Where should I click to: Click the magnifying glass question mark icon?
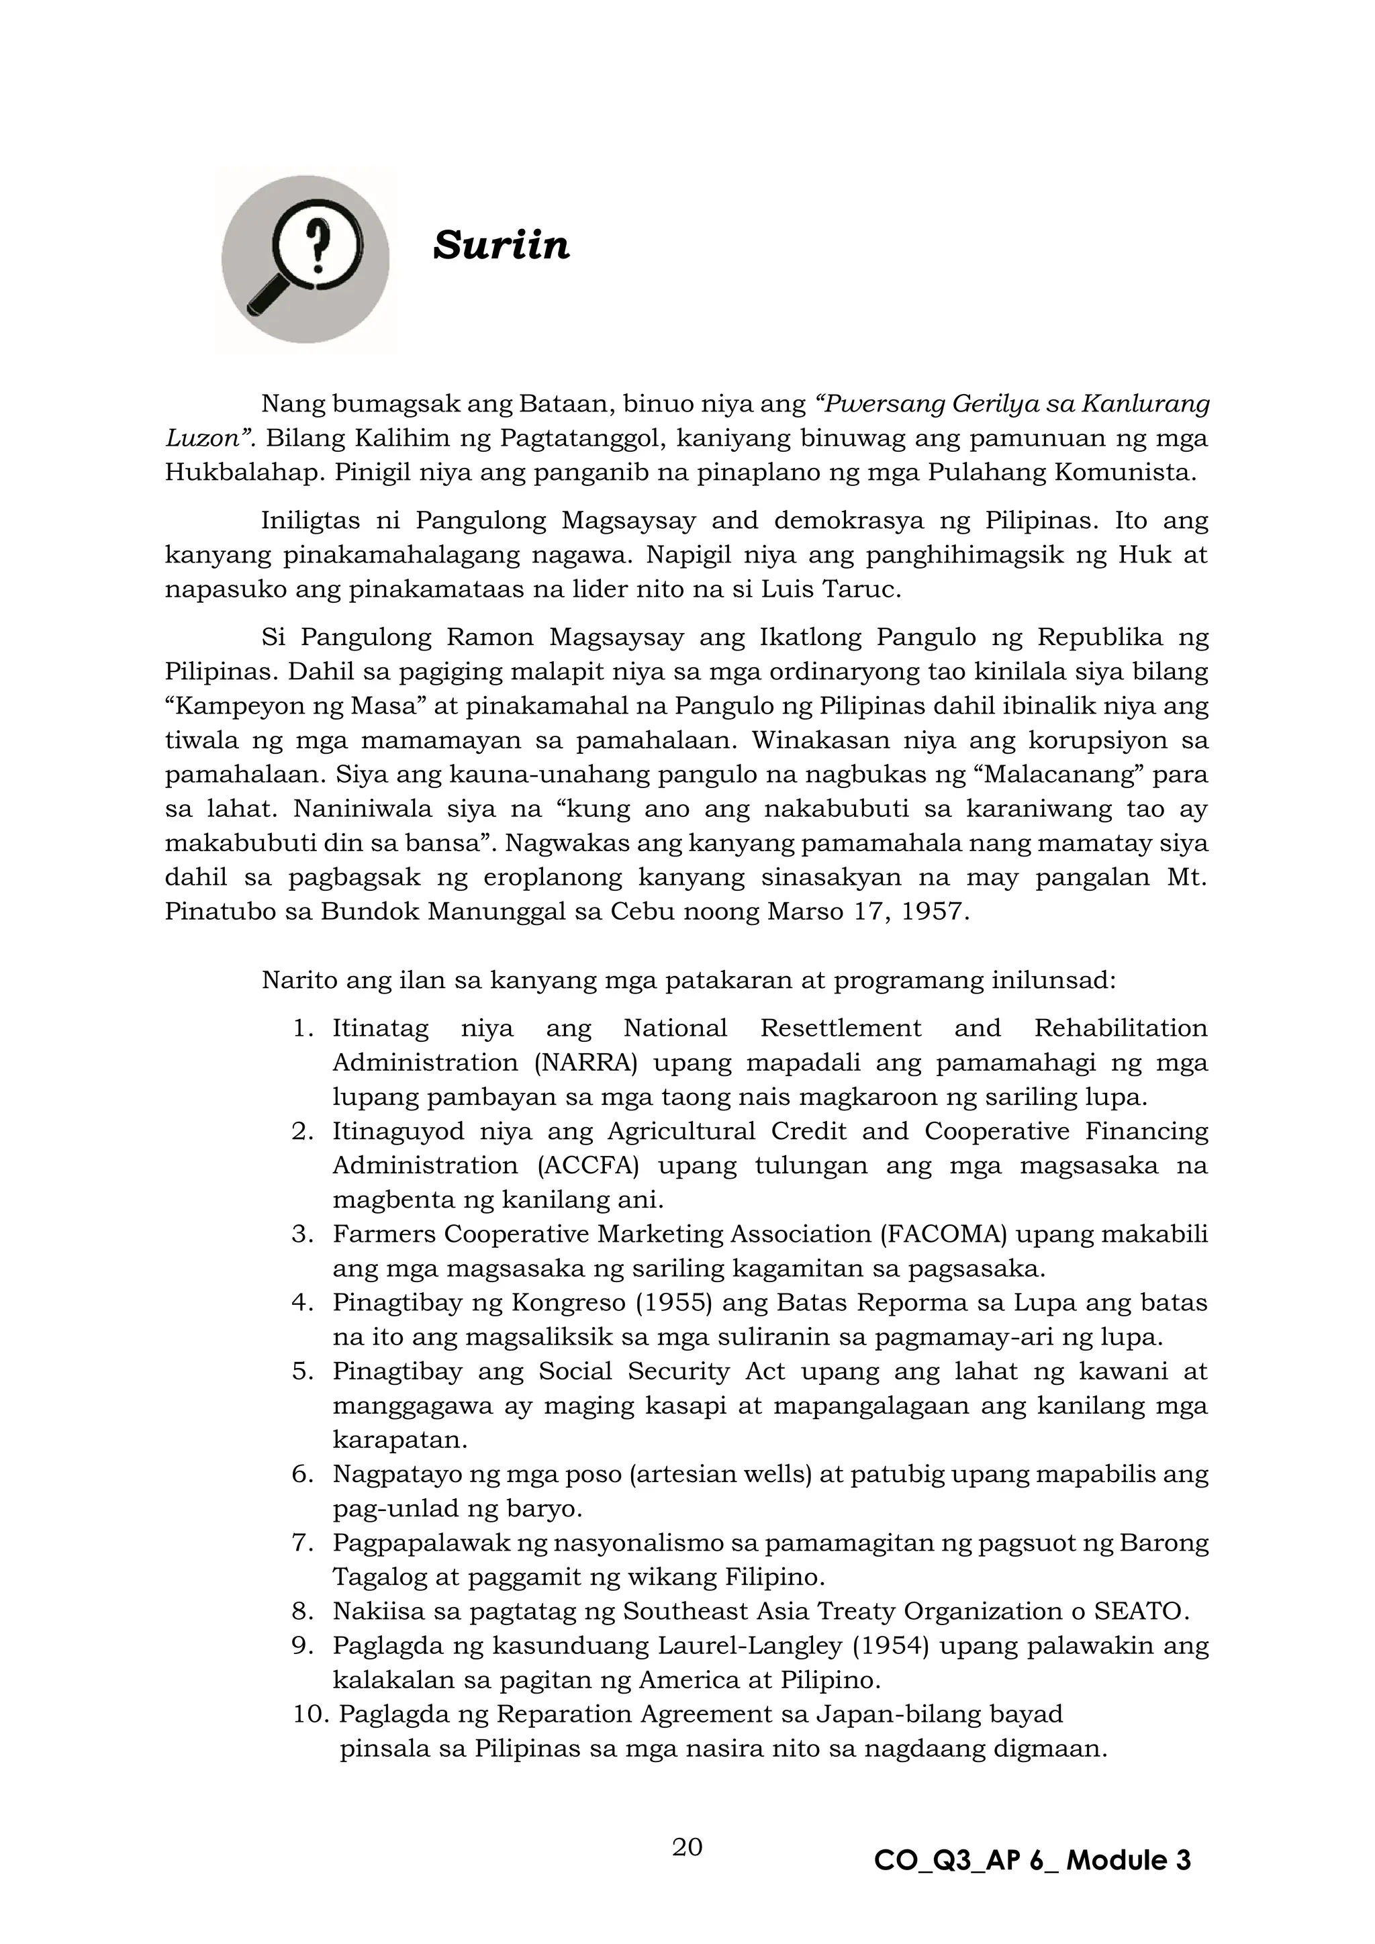305,260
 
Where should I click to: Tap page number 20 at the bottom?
687,1847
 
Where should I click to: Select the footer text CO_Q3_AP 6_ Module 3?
1032,1860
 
